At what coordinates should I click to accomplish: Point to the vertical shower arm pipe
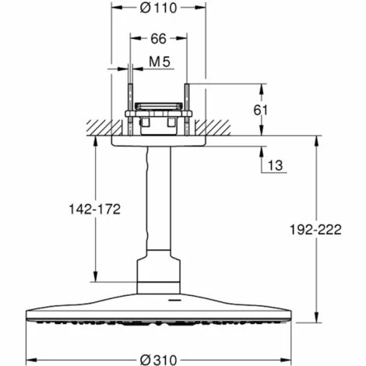pyautogui.click(x=158, y=202)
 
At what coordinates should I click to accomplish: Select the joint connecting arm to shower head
pyautogui.click(x=158, y=269)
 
